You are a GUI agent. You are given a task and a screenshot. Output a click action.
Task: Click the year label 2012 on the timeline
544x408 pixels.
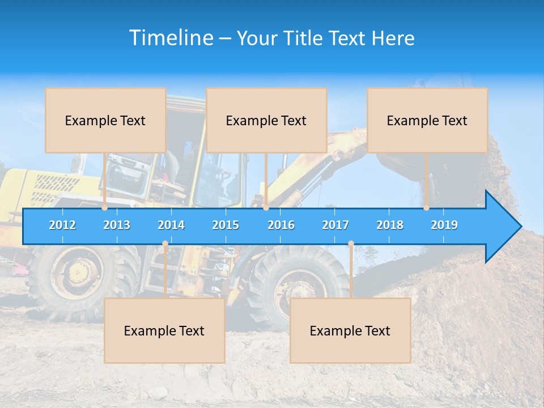[62, 225]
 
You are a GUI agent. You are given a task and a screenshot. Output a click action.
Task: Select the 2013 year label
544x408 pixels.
[117, 225]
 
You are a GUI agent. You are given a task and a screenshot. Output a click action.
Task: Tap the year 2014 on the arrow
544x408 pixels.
[171, 225]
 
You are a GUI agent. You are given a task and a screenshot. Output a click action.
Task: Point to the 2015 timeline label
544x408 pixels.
[226, 225]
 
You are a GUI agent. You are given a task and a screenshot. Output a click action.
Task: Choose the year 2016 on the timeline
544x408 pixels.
[281, 225]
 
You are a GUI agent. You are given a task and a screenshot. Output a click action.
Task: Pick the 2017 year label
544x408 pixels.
[335, 225]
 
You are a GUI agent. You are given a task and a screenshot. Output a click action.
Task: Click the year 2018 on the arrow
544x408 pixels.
[390, 225]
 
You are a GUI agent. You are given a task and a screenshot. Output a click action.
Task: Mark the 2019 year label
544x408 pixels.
[444, 225]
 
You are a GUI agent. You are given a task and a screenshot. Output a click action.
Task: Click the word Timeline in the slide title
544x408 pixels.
[170, 38]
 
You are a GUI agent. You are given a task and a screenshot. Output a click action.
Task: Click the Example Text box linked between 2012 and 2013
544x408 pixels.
[105, 120]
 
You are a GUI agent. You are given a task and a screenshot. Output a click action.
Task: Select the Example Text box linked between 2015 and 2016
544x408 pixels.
[266, 120]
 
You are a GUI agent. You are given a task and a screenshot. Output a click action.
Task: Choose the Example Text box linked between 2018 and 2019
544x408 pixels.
[427, 120]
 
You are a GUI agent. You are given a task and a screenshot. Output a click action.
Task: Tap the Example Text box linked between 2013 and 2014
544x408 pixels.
[164, 330]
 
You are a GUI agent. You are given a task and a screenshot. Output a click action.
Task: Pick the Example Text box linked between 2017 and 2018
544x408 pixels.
[350, 330]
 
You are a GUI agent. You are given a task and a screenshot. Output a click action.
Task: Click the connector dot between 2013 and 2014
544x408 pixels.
[165, 244]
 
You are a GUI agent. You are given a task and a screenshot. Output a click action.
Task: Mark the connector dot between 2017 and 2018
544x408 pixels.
[351, 244]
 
